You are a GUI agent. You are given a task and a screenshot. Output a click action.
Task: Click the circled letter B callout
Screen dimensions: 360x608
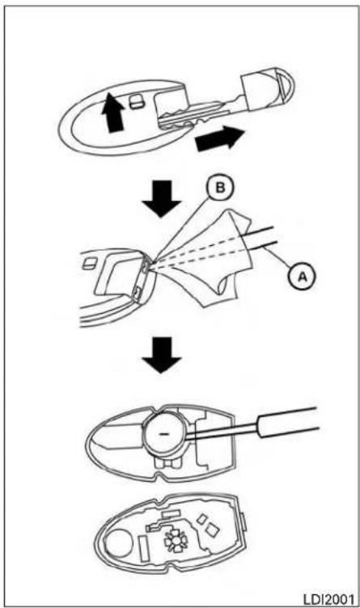220,189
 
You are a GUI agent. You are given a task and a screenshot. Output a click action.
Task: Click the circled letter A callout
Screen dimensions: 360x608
303,276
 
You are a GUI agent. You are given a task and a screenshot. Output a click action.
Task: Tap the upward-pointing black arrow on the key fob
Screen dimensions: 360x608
113,113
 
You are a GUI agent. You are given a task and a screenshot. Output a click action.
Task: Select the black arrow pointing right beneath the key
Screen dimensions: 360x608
220,139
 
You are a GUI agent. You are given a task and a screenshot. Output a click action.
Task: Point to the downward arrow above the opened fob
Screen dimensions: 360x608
162,355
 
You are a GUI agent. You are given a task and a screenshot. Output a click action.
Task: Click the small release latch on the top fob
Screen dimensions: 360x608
137,102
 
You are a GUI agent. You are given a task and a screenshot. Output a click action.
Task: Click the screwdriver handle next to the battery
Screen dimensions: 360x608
289,422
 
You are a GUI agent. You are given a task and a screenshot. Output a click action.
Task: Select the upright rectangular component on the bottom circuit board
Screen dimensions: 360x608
143,548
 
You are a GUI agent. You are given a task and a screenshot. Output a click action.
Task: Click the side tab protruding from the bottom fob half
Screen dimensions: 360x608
244,521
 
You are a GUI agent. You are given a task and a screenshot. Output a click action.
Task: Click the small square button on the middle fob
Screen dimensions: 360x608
89,264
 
